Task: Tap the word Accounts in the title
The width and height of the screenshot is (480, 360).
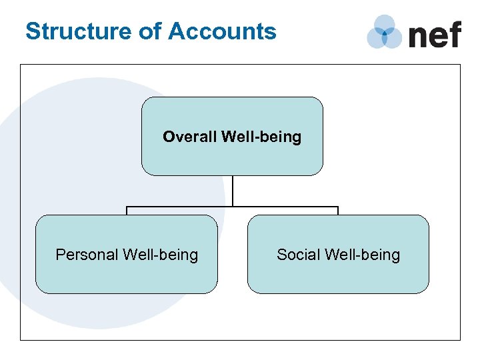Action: [x=222, y=31]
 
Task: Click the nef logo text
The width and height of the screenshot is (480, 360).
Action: [x=434, y=34]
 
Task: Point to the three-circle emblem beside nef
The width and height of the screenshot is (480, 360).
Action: [x=385, y=32]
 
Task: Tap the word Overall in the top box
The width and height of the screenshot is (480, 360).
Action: [x=189, y=137]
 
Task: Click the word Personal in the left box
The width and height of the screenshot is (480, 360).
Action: [x=86, y=255]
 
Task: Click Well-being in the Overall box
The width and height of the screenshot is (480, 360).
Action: [x=261, y=137]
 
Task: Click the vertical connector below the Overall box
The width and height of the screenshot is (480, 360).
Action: [x=233, y=191]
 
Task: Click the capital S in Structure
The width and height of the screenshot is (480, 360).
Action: [x=32, y=31]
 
